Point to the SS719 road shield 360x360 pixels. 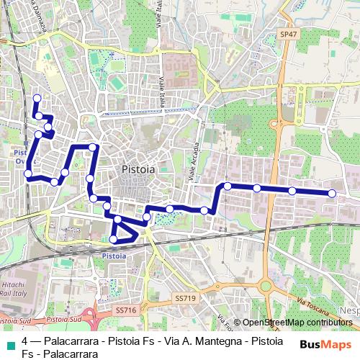pos(185,297)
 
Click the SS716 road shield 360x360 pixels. pos(125,310)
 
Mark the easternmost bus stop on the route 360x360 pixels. pos(333,193)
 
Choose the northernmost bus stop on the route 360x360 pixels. pos(37,98)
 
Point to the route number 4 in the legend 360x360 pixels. pos(25,341)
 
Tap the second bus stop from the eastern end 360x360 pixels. pos(292,191)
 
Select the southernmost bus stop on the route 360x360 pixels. pos(113,239)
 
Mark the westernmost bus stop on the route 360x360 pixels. pos(28,173)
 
